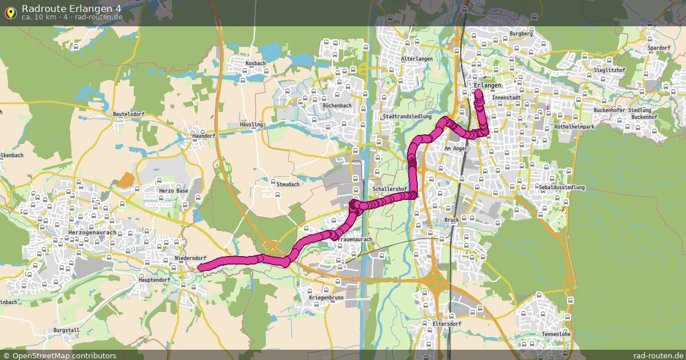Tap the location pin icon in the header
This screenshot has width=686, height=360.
click(x=10, y=13)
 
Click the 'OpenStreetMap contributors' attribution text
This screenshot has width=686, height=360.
click(x=64, y=355)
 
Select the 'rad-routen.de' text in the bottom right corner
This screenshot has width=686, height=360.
click(x=651, y=355)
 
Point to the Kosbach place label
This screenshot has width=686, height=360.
click(x=256, y=63)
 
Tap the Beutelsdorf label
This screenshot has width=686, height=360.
click(x=129, y=114)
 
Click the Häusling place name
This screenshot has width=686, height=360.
click(x=252, y=125)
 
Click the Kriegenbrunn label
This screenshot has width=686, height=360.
click(x=326, y=298)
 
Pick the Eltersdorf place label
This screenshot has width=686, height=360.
click(x=446, y=324)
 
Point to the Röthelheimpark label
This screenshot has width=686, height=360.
click(x=575, y=126)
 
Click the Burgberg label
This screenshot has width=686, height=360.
click(x=521, y=34)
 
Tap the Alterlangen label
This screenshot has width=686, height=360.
click(x=417, y=59)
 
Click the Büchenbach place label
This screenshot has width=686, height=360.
click(x=337, y=106)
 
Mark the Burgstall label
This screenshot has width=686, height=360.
click(x=66, y=330)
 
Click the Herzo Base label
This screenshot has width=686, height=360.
click(x=173, y=191)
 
